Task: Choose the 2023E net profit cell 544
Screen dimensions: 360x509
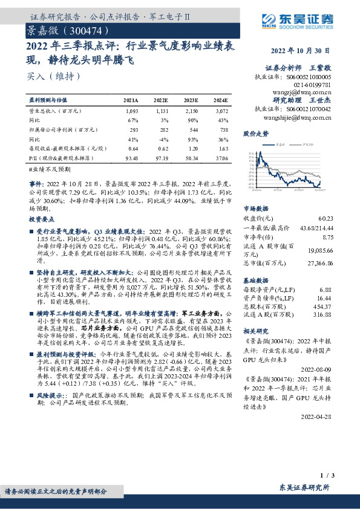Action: tap(192, 130)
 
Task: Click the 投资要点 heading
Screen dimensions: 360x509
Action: tap(41, 221)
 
